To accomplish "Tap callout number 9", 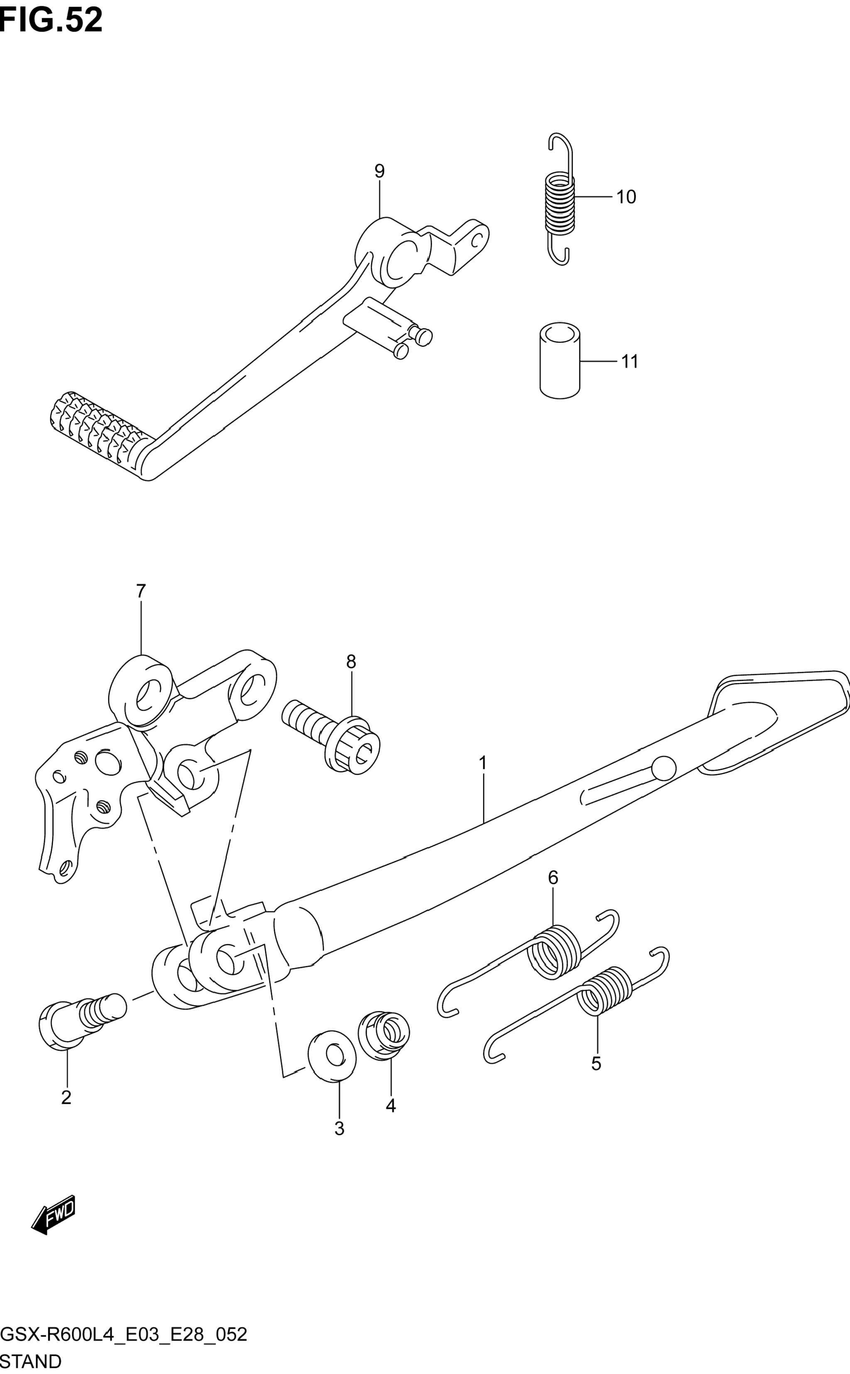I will tap(380, 171).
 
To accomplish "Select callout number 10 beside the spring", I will tap(626, 197).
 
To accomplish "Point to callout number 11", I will tap(630, 362).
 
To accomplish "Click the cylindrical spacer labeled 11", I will tap(559, 361).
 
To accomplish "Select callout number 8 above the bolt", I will tap(351, 662).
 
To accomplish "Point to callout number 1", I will tap(483, 763).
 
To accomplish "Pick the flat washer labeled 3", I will tap(332, 1056).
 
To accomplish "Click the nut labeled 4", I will tap(385, 1035).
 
